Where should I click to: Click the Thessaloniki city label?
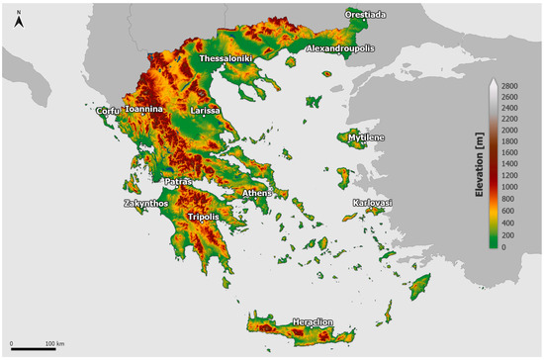tap(227, 59)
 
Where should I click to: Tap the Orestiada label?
tap(366, 14)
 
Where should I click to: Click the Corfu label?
tap(108, 111)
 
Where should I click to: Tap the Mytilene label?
tap(367, 137)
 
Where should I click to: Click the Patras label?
tap(178, 182)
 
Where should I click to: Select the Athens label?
tap(257, 193)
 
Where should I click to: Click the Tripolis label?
tap(203, 216)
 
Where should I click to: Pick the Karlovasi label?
tap(373, 203)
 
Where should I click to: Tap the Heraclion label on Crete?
tap(316, 322)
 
